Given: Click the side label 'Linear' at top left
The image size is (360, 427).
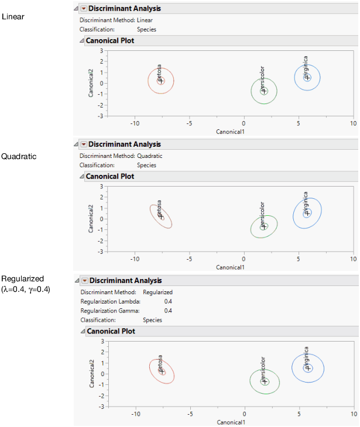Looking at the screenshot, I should pos(13,16).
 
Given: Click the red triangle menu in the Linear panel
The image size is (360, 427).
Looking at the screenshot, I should pos(83,9).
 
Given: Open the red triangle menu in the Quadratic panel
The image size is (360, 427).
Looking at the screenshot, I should pos(83,144).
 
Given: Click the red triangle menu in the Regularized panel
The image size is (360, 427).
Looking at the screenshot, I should pos(83,281).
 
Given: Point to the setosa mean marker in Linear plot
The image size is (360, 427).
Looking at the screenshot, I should pos(161,81).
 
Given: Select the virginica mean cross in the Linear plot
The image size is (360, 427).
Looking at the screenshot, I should pos(308,77).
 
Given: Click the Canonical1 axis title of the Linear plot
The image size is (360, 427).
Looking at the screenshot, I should pos(230,132).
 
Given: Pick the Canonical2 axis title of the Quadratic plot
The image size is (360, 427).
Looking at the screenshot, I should pos(92,219).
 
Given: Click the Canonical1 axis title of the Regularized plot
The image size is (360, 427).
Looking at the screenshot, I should pos(231,422).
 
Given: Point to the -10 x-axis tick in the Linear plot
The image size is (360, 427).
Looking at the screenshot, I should pos(135,123).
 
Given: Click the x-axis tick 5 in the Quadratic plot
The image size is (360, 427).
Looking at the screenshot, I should pos(299,259).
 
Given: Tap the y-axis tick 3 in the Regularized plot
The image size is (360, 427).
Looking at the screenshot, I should pos(101,341).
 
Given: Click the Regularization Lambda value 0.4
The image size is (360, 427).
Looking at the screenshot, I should pos(168,301).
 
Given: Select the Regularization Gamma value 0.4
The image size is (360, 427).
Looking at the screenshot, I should pos(168,311).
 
